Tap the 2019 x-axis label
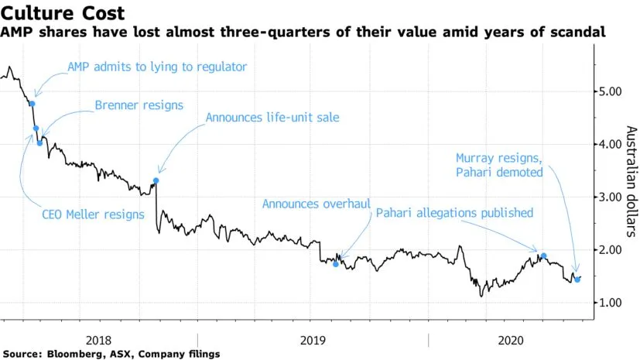313,339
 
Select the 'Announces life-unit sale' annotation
272,118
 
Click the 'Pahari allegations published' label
453,212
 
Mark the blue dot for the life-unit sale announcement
156,180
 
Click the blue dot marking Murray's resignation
577,279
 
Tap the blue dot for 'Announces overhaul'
335,264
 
